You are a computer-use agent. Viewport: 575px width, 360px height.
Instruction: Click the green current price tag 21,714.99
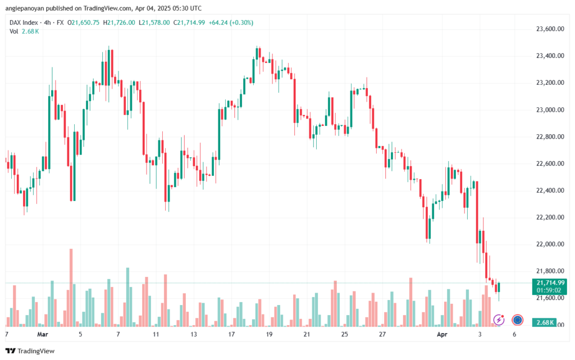(550, 282)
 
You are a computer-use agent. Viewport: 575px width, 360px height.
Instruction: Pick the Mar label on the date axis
(42, 334)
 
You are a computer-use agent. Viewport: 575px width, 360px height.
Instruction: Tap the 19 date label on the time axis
(269, 334)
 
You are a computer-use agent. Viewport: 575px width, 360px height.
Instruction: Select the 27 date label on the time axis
(382, 334)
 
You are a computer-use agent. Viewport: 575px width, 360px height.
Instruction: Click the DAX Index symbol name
(23, 22)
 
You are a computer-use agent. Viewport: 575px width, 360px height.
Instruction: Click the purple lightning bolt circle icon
(499, 320)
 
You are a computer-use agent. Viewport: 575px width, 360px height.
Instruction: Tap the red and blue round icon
(517, 320)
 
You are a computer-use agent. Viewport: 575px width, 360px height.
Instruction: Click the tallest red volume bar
(71, 287)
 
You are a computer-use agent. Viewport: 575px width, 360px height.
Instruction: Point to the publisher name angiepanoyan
(31, 8)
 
